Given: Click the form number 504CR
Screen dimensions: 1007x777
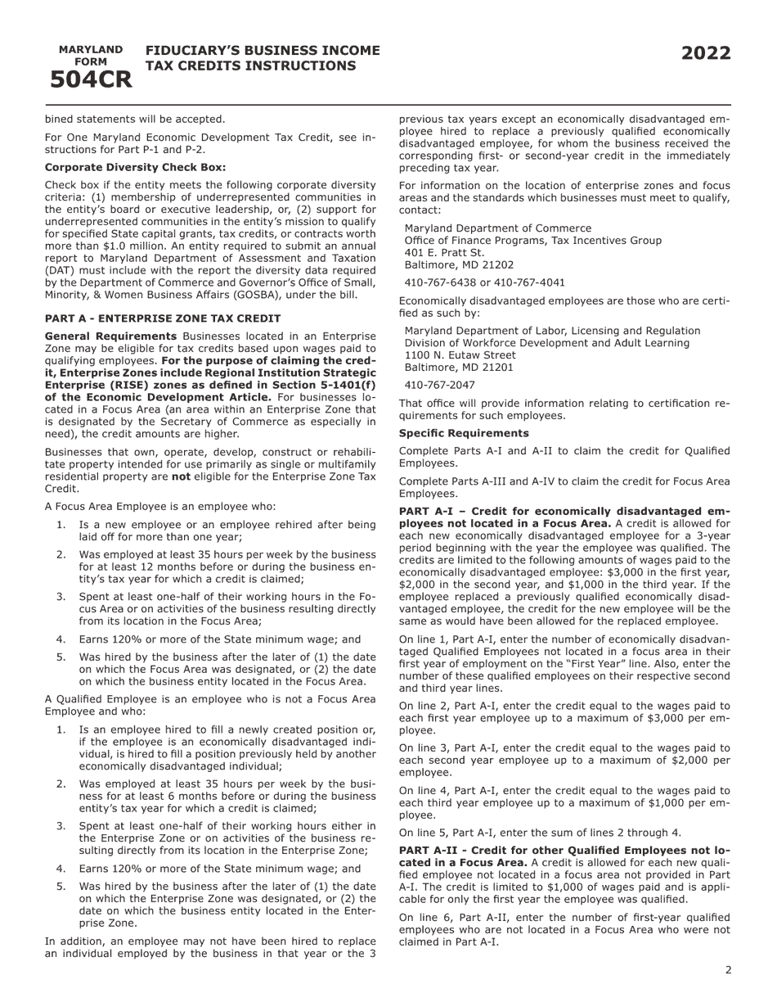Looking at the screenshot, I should [91, 79].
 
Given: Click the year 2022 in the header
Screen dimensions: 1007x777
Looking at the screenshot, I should [706, 54].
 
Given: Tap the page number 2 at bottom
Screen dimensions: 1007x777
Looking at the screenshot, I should [728, 970].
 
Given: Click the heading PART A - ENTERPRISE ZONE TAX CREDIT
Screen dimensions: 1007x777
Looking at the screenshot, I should [163, 318].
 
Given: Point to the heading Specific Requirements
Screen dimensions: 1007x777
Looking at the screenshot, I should [464, 433].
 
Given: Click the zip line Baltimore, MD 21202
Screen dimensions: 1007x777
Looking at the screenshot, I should [459, 265].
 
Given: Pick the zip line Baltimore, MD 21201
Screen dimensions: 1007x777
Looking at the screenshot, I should [459, 368].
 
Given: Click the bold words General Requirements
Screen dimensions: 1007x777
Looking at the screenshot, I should [110, 336].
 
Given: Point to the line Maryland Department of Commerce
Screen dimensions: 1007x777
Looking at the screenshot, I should [497, 228].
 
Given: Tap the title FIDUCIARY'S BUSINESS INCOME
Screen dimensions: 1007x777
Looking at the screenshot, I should [263, 51].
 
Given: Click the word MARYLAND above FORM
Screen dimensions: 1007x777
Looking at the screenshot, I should [91, 50].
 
